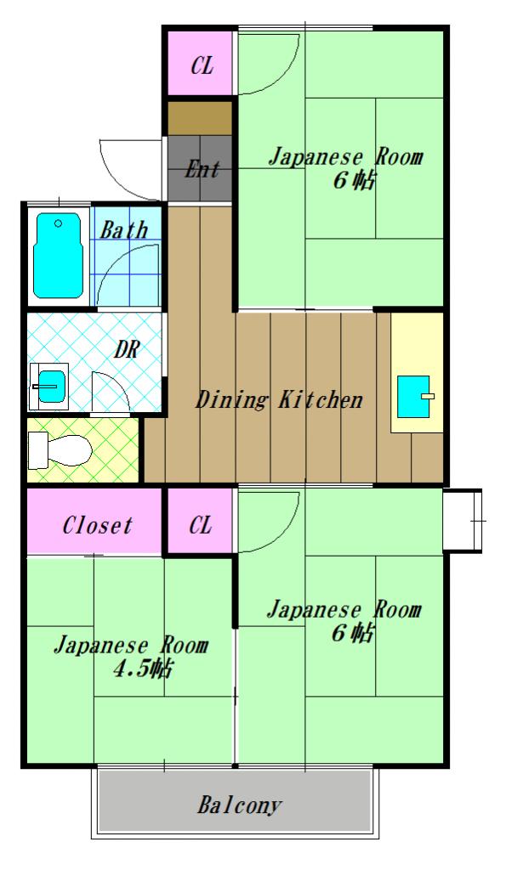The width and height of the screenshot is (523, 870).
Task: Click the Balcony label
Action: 241,805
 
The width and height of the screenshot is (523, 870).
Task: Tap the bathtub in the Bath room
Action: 58,256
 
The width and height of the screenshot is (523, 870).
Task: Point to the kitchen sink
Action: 416,397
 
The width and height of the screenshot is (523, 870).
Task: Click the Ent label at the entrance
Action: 202,169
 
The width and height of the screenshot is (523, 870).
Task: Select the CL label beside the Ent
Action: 201,65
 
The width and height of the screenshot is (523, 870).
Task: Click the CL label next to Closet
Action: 201,526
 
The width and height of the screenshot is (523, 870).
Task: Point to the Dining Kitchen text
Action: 280,399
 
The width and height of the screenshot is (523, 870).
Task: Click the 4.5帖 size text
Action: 143,669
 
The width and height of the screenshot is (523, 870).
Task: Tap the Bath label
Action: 124,229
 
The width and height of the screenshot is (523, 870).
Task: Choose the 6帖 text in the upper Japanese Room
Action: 355,181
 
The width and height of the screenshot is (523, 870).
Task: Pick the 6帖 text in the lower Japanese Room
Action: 355,633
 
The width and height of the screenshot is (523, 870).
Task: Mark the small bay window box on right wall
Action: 463,519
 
